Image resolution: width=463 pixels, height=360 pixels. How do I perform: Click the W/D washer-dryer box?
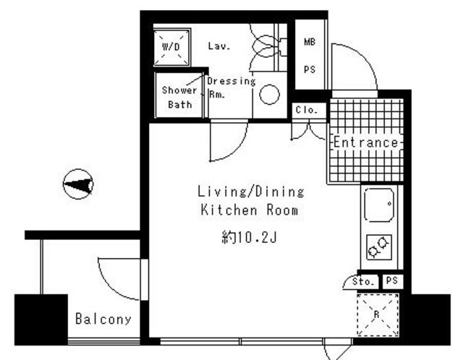click(x=171, y=47)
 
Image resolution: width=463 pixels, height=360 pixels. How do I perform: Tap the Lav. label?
click(x=219, y=46)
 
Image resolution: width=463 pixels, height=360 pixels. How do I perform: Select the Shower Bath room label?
click(x=179, y=98)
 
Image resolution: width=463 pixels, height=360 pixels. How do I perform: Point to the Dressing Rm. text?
click(x=231, y=87)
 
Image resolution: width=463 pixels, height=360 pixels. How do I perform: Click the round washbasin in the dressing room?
click(x=269, y=95)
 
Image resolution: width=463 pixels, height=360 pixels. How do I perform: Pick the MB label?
click(x=310, y=42)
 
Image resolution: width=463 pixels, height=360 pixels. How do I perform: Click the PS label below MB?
click(x=310, y=69)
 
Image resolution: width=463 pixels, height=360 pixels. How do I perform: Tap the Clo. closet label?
click(x=307, y=110)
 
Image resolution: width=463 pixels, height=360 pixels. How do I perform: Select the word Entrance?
click(x=366, y=142)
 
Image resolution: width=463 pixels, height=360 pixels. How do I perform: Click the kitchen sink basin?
click(x=379, y=205)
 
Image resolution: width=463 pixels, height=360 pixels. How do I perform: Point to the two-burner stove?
click(x=379, y=247)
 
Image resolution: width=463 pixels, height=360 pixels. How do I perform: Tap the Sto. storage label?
click(x=365, y=281)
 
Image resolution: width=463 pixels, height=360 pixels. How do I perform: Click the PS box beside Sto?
click(x=392, y=280)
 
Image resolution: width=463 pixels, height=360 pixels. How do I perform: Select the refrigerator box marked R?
click(x=378, y=314)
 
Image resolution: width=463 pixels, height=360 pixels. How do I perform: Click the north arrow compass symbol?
click(x=78, y=184)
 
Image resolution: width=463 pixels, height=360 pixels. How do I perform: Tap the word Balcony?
click(x=103, y=319)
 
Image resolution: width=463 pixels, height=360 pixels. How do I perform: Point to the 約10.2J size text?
click(x=249, y=237)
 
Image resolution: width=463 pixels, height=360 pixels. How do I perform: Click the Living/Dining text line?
click(x=250, y=192)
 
